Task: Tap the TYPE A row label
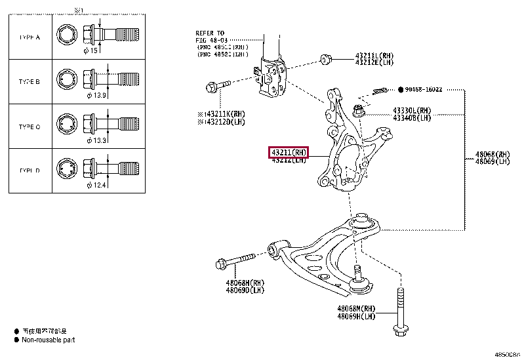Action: (29, 37)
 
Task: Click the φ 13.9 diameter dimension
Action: (97, 96)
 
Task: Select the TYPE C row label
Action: (29, 127)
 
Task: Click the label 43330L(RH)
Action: (412, 110)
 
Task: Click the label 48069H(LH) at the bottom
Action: (356, 316)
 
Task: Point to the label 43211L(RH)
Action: (374, 56)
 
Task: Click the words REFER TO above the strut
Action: (209, 33)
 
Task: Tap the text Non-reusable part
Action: (49, 340)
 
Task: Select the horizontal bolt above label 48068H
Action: (234, 262)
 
